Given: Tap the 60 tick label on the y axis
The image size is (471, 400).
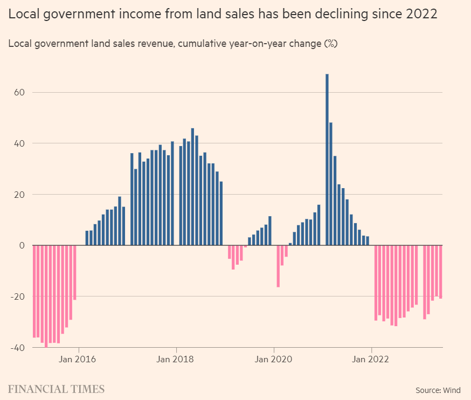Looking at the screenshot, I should tap(19, 92).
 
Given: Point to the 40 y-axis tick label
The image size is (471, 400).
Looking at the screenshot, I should tap(19, 143).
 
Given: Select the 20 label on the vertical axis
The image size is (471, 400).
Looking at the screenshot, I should tap(19, 194).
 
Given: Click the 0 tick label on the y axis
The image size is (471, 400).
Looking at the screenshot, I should tap(22, 245).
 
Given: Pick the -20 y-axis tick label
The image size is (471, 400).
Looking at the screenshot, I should tap(17, 296).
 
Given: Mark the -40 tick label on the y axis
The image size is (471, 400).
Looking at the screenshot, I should tap(17, 347).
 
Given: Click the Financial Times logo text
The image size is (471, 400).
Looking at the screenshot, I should tap(56, 389).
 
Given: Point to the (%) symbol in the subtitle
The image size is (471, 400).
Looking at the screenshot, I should tap(330, 44).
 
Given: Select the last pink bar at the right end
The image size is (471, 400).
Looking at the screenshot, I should tap(440, 272).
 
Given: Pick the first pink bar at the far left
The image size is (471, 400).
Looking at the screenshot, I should tap(34, 291).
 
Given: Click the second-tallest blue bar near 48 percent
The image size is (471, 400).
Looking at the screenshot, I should tap(331, 183).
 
